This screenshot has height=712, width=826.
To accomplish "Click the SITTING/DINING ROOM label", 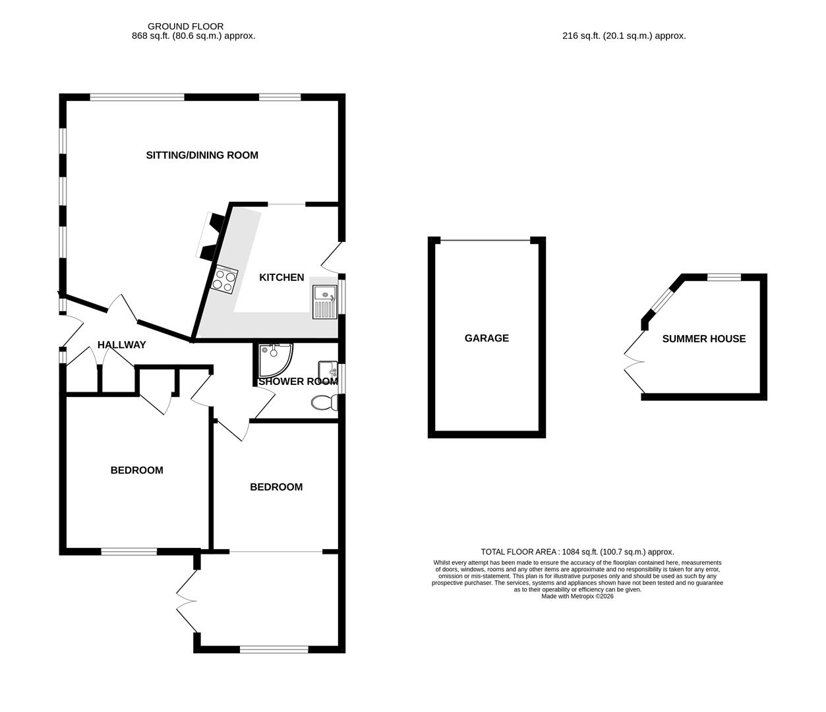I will [202, 156].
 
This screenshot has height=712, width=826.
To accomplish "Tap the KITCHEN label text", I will [281, 278].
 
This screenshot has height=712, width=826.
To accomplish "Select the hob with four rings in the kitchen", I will [224, 280].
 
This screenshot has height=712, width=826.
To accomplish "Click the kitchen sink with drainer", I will [325, 302].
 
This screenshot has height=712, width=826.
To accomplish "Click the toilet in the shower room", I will [323, 402].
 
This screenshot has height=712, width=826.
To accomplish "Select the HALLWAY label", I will [121, 345].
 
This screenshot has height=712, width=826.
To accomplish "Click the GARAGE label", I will [487, 338].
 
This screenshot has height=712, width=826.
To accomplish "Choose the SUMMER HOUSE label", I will [703, 339].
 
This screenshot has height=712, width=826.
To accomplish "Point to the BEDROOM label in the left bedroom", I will [136, 470].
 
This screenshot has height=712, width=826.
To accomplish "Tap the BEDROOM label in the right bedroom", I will [276, 487].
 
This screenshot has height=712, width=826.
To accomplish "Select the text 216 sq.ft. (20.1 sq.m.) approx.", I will [624, 36].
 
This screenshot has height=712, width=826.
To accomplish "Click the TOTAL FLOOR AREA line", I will [577, 552].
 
